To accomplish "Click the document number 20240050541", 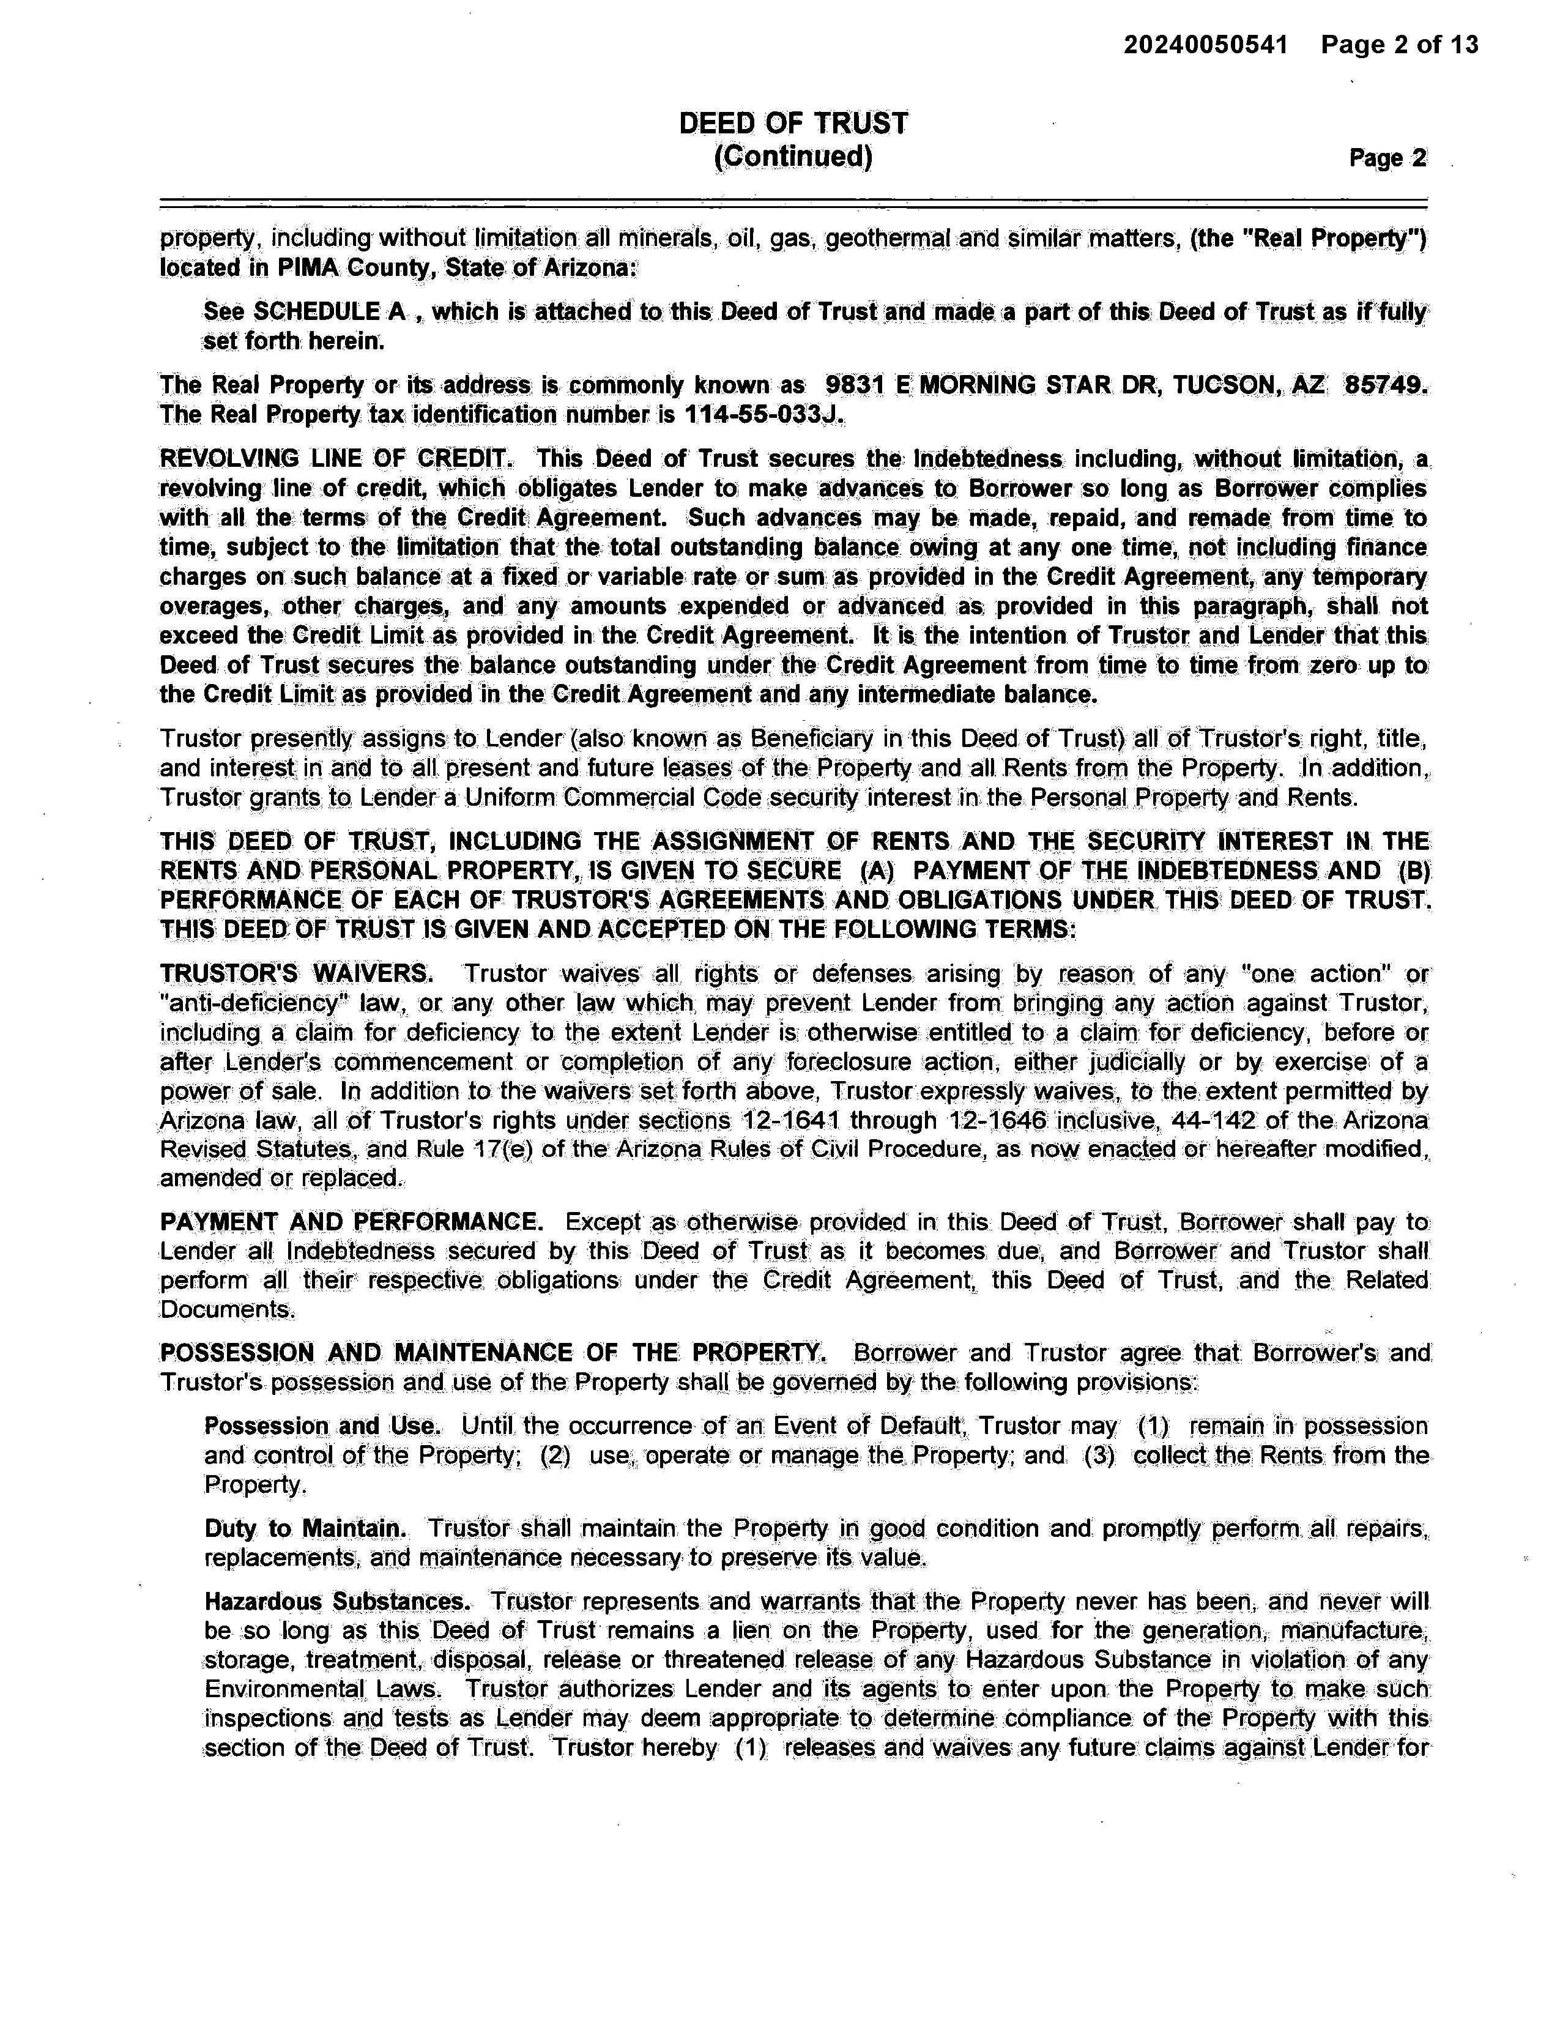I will (1205, 45).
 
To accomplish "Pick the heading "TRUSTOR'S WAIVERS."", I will (295, 975).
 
